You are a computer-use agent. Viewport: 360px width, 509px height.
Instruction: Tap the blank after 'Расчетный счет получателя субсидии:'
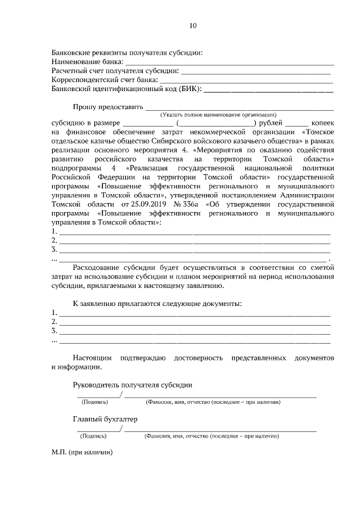coord(256,72)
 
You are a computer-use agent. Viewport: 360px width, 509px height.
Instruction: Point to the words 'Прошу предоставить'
coord(108,107)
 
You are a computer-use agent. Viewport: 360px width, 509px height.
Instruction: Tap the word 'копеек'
coord(323,123)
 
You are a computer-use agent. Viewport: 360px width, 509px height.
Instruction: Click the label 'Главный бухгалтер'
coord(105,419)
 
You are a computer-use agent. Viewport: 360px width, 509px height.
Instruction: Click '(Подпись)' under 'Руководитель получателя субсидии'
coord(93,403)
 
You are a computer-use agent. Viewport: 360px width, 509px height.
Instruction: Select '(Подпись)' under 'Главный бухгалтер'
coord(93,436)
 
